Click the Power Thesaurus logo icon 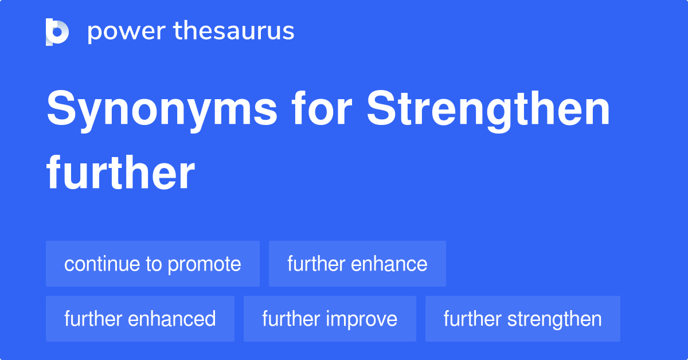click(x=57, y=32)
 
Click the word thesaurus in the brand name click(x=234, y=32)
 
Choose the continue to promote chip click(x=153, y=264)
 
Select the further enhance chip click(x=357, y=264)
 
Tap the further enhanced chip click(x=140, y=319)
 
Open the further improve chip click(x=330, y=319)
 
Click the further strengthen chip click(x=522, y=319)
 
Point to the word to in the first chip click(x=154, y=264)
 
